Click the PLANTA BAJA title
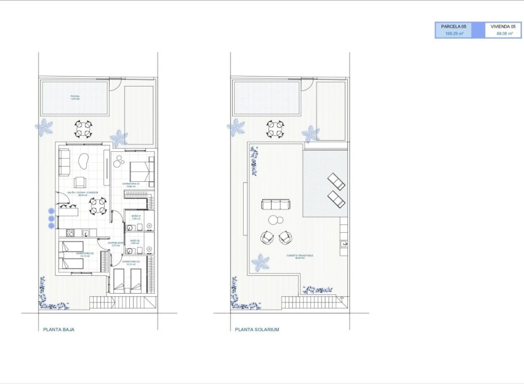tap(59, 329)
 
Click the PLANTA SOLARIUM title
tap(257, 329)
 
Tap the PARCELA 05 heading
tap(454, 26)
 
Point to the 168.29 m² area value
tap(454, 34)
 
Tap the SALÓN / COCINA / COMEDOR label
tap(83, 192)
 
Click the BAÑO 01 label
tap(136, 216)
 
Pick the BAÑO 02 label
tap(135, 241)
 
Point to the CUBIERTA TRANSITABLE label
tap(299, 256)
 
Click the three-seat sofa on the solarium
tap(275, 205)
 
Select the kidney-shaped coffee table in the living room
tap(84, 160)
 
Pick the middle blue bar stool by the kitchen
tap(51, 218)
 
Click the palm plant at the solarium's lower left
tap(260, 263)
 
